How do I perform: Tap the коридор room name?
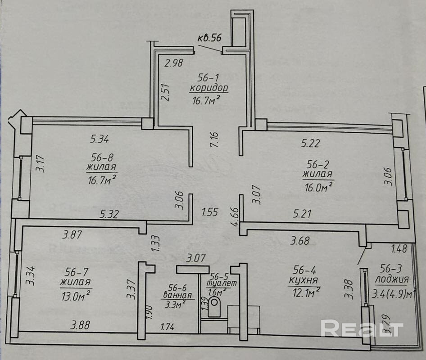point(209,87)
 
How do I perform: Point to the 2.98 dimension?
point(174,63)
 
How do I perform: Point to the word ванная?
point(178,296)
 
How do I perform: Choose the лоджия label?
point(391,279)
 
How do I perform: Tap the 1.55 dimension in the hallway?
point(210,211)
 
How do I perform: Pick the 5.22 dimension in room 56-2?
point(311,144)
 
